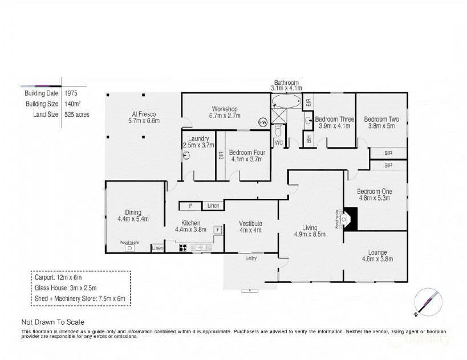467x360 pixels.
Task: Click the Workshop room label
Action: [x=224, y=109]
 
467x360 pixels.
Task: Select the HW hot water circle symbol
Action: [x=262, y=122]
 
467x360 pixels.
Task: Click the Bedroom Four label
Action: [x=245, y=153]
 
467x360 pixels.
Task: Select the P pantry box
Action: [x=190, y=206]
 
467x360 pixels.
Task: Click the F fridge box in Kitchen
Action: [x=217, y=230]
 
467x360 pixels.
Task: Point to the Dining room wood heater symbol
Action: [x=129, y=248]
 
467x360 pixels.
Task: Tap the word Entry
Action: [x=251, y=258]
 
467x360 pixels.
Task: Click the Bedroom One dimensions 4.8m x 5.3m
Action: [x=375, y=199]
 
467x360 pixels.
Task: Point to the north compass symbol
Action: [x=427, y=302]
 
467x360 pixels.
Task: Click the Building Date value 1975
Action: [x=71, y=93]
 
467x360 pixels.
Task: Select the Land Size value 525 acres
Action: [x=76, y=114]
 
